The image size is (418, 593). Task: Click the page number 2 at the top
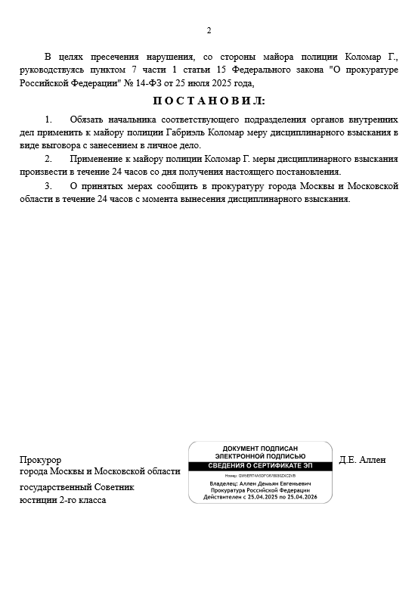point(209,30)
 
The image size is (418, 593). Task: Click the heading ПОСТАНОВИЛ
point(209,101)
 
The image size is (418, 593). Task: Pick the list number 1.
point(49,120)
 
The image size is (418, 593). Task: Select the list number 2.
point(49,159)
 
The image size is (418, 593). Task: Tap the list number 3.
point(49,186)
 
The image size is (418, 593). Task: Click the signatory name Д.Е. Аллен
point(363,459)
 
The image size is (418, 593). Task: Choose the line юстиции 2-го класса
point(63,500)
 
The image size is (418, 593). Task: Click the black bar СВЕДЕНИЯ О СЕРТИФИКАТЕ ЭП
point(260,464)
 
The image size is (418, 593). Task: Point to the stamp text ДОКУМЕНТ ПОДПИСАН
point(260,449)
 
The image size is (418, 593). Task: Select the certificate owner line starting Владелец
point(260,483)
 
